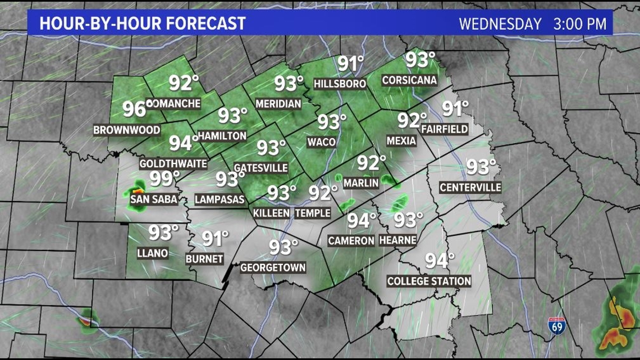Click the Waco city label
click(x=322, y=142)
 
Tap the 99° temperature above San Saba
click(x=164, y=179)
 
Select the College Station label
click(x=429, y=281)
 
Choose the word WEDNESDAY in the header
click(x=500, y=24)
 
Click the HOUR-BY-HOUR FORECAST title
click(x=143, y=24)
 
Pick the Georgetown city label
click(x=273, y=267)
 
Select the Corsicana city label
click(x=409, y=80)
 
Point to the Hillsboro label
click(x=340, y=84)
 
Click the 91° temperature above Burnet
click(x=215, y=239)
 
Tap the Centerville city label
click(x=470, y=188)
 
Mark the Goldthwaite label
click(x=173, y=164)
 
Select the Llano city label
click(x=152, y=253)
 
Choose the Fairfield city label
click(x=444, y=129)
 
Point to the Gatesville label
click(x=260, y=168)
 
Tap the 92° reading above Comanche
click(x=184, y=83)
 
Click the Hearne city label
click(x=397, y=240)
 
